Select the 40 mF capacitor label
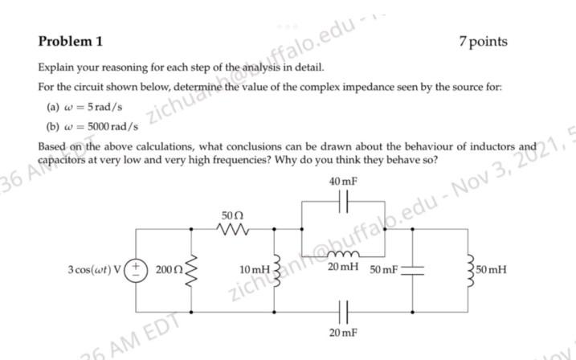(x=343, y=182)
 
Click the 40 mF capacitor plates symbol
(x=343, y=201)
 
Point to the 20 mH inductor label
(x=343, y=266)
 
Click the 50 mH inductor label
(x=491, y=269)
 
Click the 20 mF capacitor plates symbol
(x=343, y=311)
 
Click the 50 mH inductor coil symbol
(x=468, y=269)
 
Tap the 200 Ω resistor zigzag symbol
(x=191, y=269)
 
